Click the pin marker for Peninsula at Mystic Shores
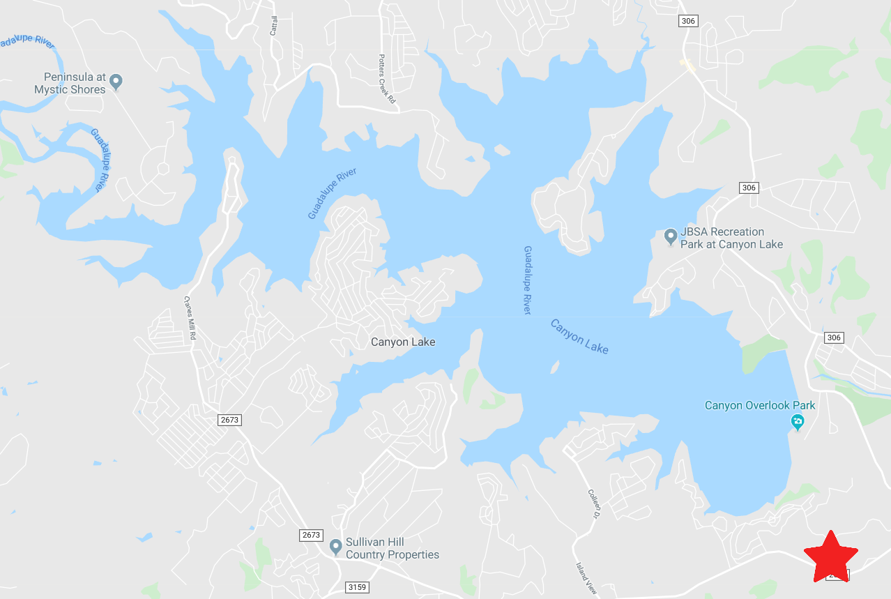[x=116, y=82]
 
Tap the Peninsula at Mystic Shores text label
[x=70, y=83]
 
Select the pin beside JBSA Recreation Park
[x=671, y=237]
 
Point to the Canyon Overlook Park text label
[x=760, y=405]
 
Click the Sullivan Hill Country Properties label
[x=393, y=548]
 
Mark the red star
[x=831, y=557]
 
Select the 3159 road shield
[x=356, y=587]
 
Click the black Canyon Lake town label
[x=403, y=342]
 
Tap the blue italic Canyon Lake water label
[x=579, y=336]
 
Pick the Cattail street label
[x=274, y=26]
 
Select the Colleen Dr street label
[x=593, y=503]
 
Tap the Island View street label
[x=586, y=579]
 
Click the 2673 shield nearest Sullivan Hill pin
[x=311, y=535]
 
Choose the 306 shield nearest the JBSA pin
[x=748, y=188]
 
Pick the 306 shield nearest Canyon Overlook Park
[x=834, y=338]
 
